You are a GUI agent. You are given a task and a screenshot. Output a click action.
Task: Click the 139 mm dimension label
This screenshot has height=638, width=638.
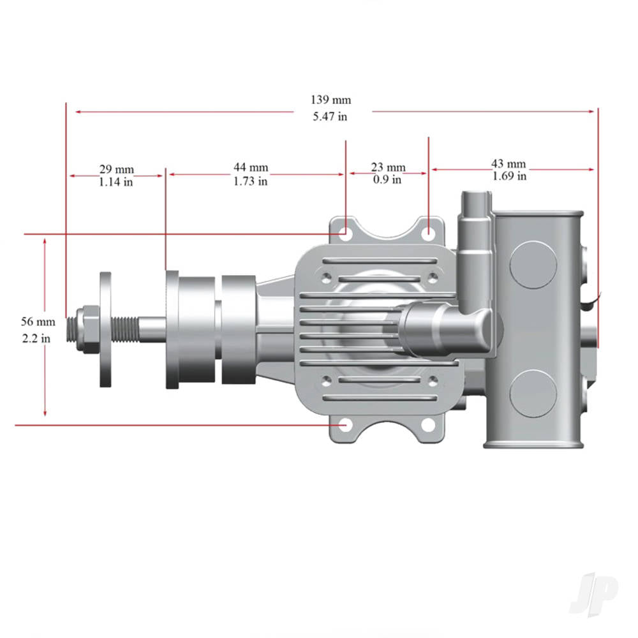(x=330, y=100)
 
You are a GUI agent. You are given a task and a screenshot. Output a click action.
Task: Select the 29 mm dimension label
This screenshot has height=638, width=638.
(x=116, y=169)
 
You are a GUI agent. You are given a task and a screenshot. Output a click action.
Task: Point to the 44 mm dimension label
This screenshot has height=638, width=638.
(x=250, y=168)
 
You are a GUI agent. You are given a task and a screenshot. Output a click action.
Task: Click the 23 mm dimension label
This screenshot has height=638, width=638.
(x=388, y=168)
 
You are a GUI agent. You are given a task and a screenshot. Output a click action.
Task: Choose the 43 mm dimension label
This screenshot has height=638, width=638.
(x=508, y=163)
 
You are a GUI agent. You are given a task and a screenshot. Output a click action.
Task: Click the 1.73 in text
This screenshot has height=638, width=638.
(x=250, y=181)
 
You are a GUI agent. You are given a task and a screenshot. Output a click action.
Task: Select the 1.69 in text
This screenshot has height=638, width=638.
(x=509, y=176)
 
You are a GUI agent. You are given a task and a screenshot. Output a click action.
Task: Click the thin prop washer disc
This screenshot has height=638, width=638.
(x=106, y=329)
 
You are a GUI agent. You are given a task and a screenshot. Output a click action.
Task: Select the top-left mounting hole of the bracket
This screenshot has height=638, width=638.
(x=345, y=233)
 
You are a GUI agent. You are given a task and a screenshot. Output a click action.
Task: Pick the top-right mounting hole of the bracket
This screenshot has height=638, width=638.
(x=429, y=232)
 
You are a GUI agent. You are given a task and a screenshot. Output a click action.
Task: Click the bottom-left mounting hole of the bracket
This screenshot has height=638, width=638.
(x=345, y=425)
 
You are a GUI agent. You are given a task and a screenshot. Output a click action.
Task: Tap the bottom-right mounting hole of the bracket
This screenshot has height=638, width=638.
(x=428, y=425)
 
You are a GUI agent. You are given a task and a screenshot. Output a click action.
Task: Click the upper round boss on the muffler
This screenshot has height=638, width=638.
(x=533, y=264)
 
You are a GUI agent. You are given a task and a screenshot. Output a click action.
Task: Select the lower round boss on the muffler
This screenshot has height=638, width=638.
(x=533, y=393)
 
